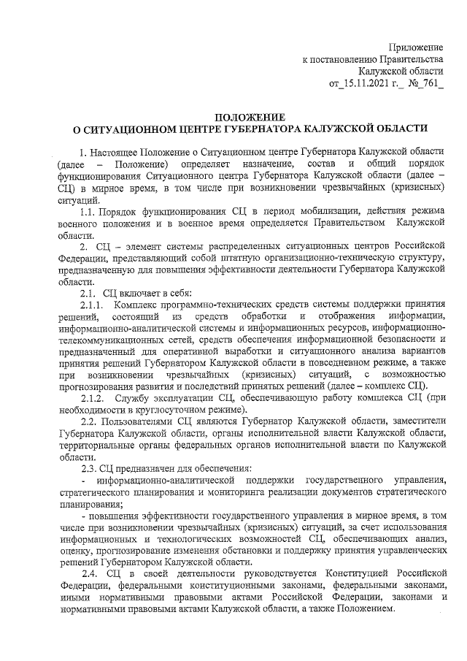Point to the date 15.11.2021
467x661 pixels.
click(x=368, y=85)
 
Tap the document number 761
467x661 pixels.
click(x=429, y=85)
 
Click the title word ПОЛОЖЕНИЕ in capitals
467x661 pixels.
click(x=251, y=116)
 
